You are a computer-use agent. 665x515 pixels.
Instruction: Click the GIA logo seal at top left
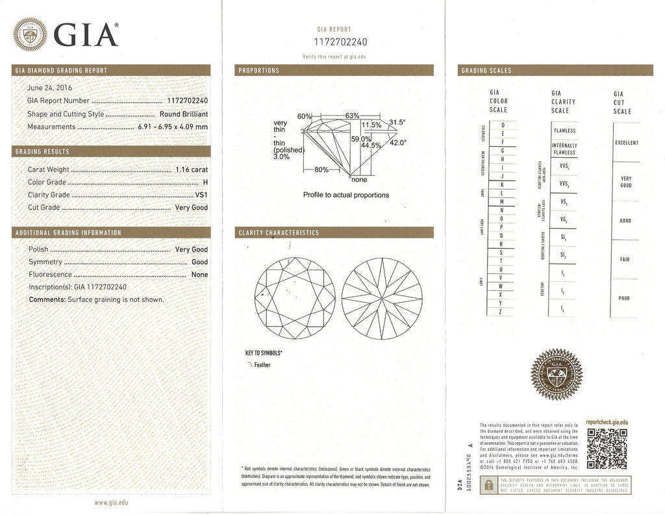click(30, 34)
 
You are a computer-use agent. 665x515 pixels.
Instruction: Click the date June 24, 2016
click(50, 88)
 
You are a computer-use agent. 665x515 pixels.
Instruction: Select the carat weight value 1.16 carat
click(192, 170)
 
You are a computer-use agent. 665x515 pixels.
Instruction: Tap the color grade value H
click(205, 182)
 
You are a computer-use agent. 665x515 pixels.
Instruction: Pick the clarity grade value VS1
click(201, 195)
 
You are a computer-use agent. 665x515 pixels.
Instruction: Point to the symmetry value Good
click(199, 262)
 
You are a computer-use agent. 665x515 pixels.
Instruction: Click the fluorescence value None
click(199, 275)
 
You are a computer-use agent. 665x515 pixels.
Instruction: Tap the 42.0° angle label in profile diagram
click(397, 142)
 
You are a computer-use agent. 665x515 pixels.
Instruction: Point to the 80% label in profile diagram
click(320, 170)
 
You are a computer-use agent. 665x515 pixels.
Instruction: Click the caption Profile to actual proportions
click(345, 195)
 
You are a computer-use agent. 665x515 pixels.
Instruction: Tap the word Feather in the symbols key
click(262, 365)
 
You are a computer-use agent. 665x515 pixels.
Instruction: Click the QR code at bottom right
click(607, 448)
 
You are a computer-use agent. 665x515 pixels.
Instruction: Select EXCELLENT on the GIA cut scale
click(626, 143)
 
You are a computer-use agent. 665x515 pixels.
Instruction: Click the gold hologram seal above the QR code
click(557, 375)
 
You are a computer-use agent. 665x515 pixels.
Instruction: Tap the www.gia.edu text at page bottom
click(111, 503)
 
